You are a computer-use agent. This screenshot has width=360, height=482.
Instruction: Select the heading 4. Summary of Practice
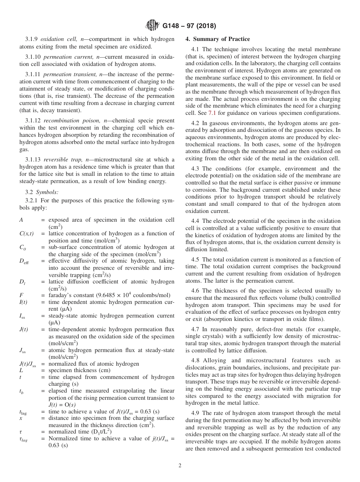tap(218, 39)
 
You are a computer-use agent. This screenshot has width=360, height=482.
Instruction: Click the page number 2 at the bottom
tap(180, 466)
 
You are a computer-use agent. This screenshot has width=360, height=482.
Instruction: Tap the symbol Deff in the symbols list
tap(23, 261)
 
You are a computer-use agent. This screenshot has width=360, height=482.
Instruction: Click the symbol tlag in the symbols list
tap(23, 412)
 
